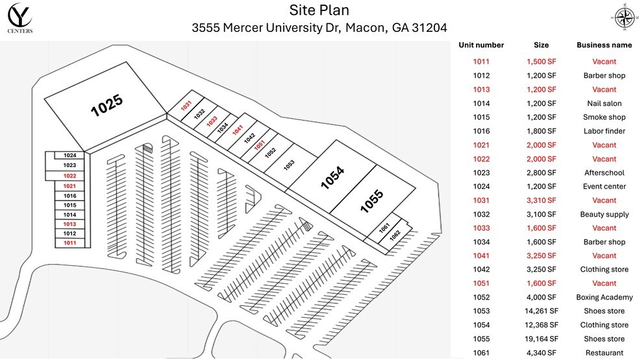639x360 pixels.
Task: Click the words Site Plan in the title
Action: pos(319,10)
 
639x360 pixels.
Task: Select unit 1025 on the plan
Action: pos(107,105)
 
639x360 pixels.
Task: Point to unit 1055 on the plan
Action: pos(372,201)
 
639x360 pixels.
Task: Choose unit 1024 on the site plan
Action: pos(70,155)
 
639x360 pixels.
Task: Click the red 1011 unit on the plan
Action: pos(70,242)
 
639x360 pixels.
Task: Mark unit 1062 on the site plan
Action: pos(395,235)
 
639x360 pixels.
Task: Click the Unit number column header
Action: pos(481,45)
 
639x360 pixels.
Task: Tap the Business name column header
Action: pos(604,45)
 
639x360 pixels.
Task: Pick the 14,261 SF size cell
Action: pos(541,311)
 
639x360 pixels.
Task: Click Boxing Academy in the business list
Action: pos(604,298)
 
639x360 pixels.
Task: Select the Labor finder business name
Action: pos(604,131)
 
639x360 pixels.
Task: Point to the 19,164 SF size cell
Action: pos(541,339)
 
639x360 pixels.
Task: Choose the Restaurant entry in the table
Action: pos(604,353)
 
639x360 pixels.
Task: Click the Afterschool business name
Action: pos(604,173)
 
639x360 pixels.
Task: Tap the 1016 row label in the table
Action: pos(481,131)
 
